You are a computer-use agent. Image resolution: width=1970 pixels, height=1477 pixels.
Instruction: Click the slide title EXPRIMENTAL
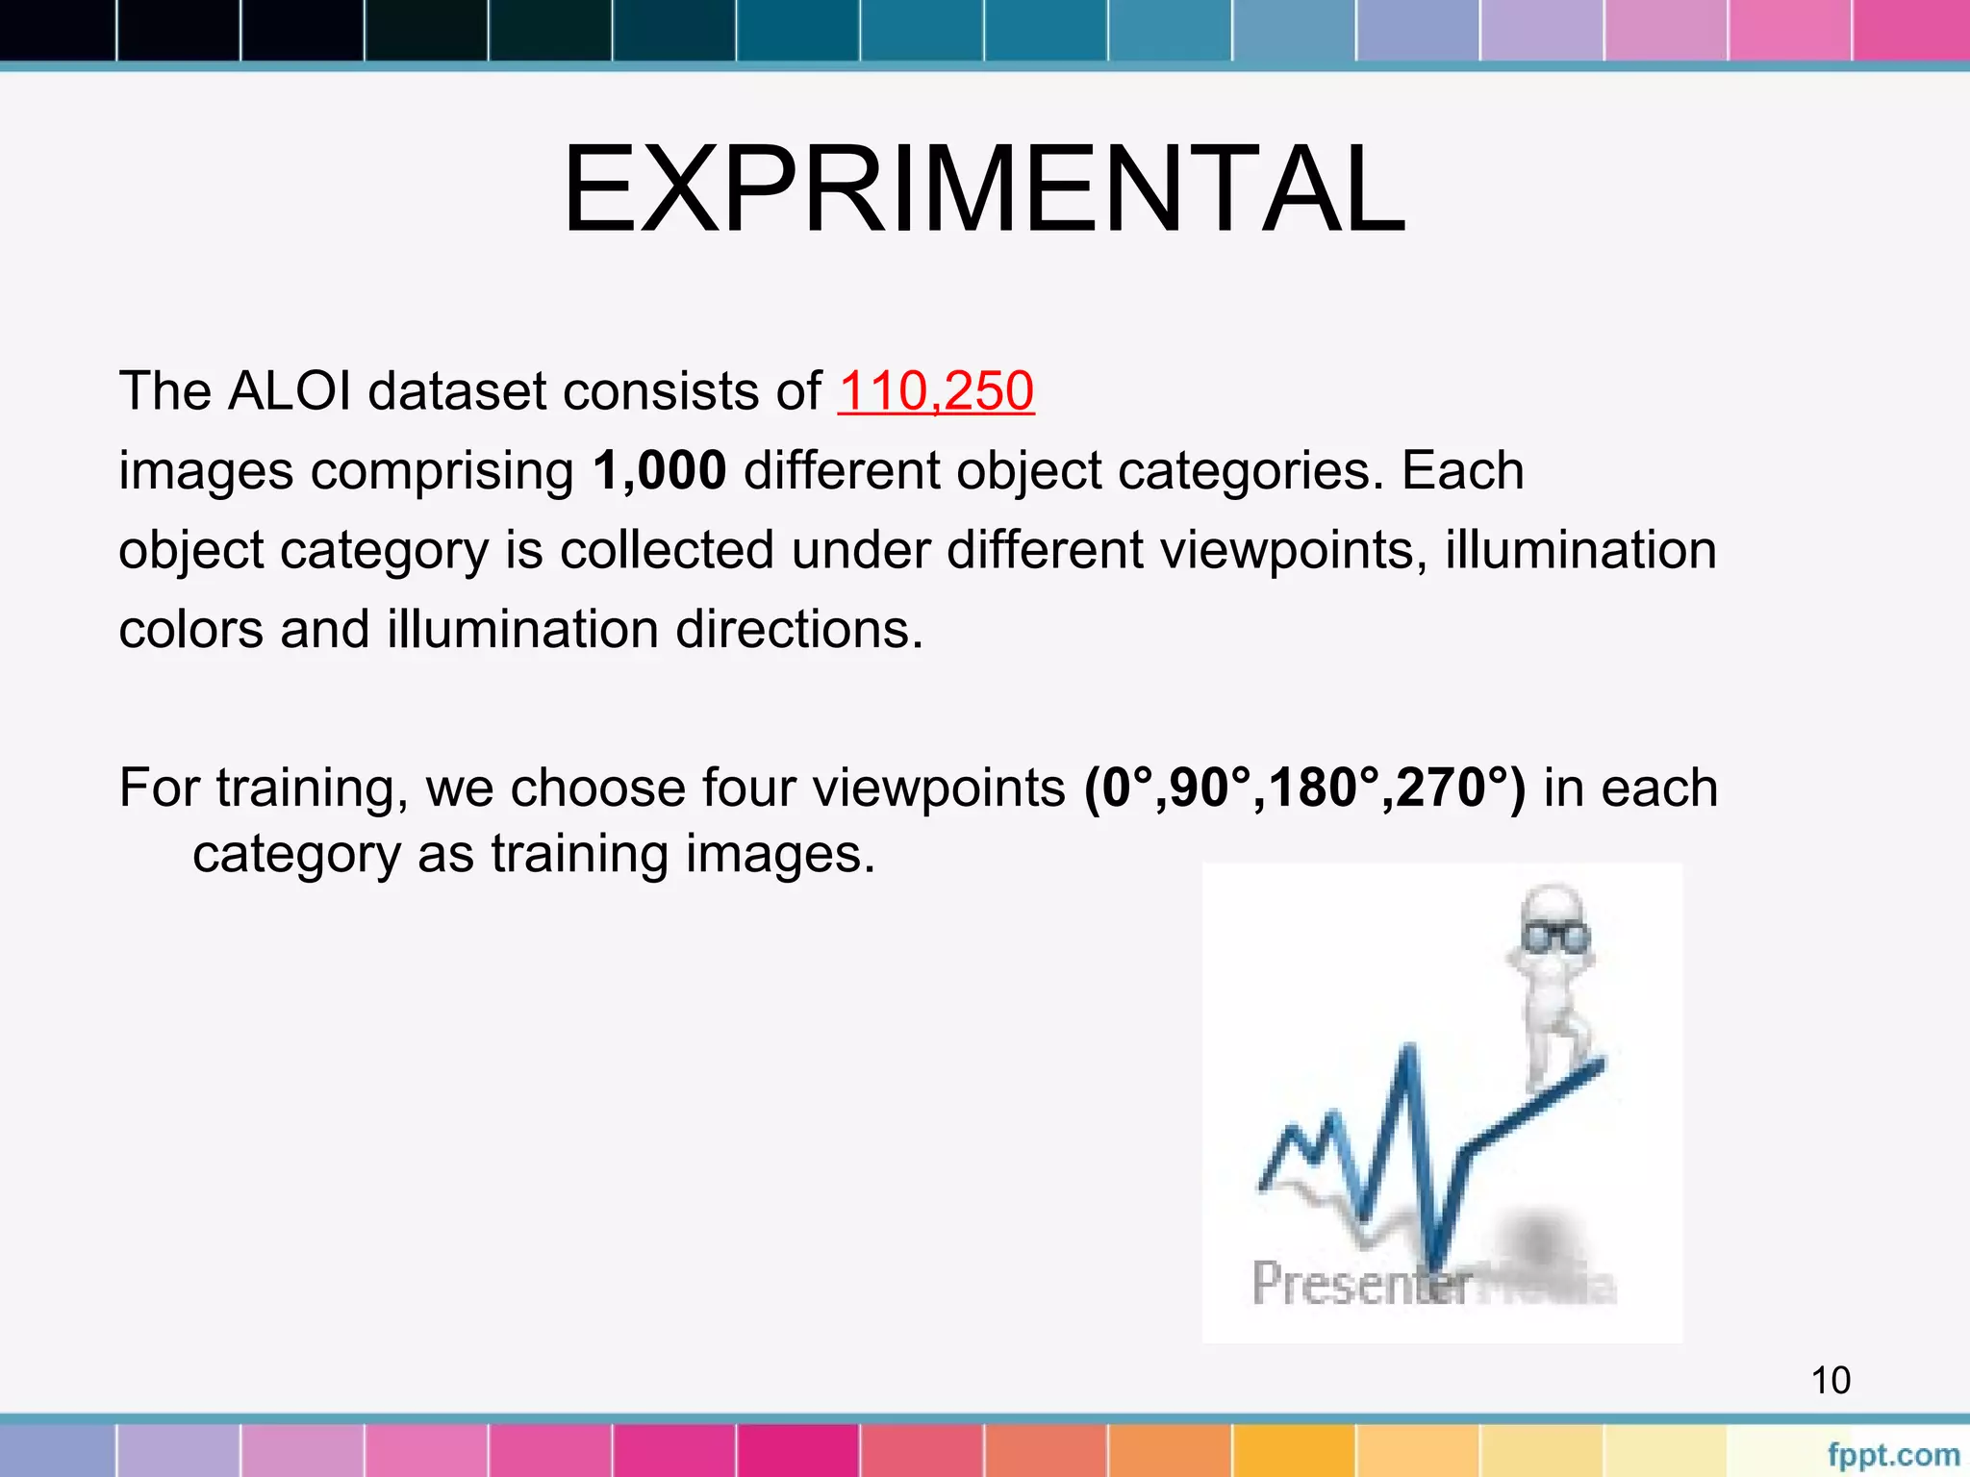coord(984,189)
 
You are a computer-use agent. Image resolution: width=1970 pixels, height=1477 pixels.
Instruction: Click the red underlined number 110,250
coord(935,391)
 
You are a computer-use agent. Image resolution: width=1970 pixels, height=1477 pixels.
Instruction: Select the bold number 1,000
coord(659,471)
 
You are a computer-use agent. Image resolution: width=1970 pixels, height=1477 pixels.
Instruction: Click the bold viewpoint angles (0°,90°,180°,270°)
coord(1304,788)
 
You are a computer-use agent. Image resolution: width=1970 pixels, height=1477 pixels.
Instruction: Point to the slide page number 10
coord(1831,1380)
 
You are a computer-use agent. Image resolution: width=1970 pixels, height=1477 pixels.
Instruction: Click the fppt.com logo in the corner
coord(1892,1455)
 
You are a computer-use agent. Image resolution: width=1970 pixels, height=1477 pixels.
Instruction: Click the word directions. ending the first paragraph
coord(798,630)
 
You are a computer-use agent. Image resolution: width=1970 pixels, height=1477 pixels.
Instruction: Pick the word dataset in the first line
coord(456,391)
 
